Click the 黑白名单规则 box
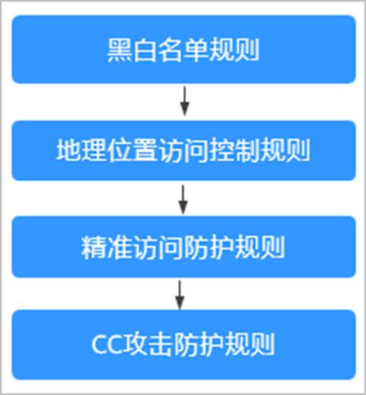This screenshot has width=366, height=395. (184, 49)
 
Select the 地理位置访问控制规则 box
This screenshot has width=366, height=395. (184, 150)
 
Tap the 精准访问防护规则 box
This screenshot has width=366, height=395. (184, 247)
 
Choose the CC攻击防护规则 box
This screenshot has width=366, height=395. (184, 344)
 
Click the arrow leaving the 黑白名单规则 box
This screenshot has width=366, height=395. (185, 101)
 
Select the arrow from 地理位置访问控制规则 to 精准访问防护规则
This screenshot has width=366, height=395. (183, 200)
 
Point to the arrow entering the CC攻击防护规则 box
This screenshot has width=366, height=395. (180, 295)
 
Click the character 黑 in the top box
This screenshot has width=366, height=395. (119, 50)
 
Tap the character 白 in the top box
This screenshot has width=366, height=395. (145, 50)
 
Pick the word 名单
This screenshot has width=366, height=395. (183, 50)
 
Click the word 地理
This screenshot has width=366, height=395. (81, 150)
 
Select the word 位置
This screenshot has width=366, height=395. (132, 150)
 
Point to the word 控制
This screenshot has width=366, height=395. (234, 150)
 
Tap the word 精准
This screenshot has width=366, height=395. (106, 248)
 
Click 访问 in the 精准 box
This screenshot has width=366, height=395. (158, 248)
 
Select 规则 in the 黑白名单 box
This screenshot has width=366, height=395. (234, 50)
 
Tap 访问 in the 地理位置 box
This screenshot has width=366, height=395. (183, 150)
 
